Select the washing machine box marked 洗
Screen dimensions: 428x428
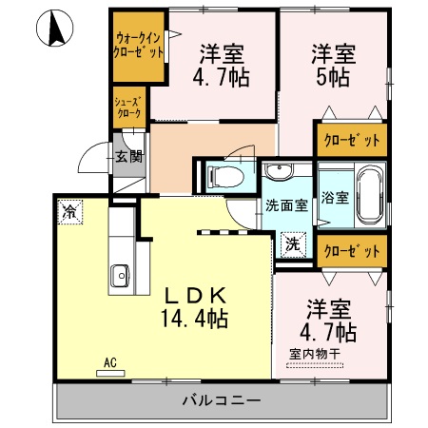click(292, 243)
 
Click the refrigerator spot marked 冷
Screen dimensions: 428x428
click(69, 211)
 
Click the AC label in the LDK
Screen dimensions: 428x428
click(110, 362)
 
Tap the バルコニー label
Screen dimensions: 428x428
click(222, 400)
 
